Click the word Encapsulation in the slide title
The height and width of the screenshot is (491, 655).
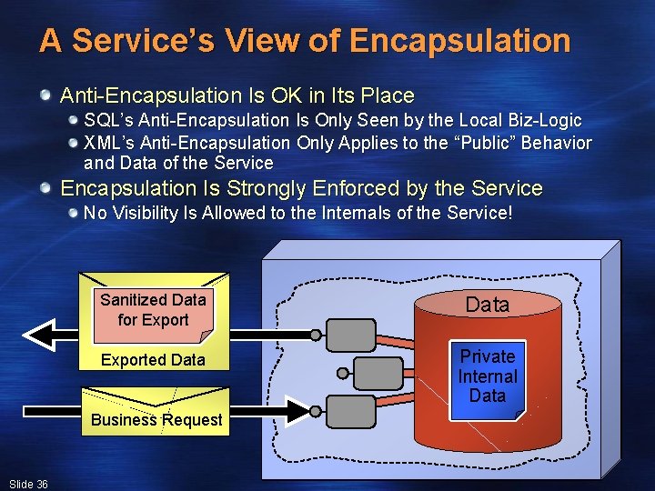click(459, 41)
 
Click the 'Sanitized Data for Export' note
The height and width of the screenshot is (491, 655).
click(153, 309)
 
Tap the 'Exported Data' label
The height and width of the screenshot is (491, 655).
click(153, 360)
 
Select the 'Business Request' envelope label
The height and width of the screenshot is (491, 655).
click(156, 419)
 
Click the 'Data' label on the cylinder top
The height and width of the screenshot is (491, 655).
click(488, 305)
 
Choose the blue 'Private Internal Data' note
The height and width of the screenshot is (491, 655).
click(488, 376)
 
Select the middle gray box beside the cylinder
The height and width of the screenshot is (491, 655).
click(372, 372)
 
